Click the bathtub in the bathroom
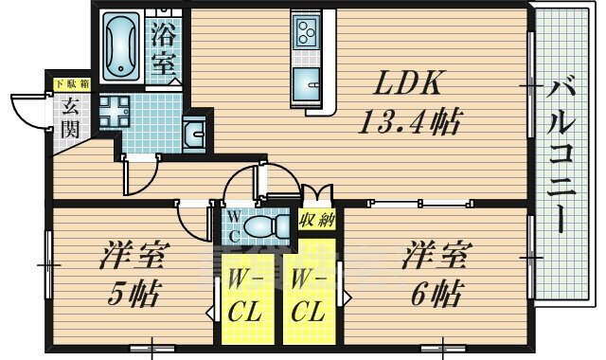[x=121, y=46]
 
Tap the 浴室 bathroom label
[x=164, y=48]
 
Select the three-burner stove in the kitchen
[x=307, y=31]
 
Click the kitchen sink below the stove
[x=307, y=85]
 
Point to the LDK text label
[x=407, y=82]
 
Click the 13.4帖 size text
[x=410, y=122]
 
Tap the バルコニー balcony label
[x=561, y=157]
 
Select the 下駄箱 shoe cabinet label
[x=72, y=84]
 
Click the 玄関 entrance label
[x=70, y=117]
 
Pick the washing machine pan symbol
[x=115, y=112]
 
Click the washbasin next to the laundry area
[x=193, y=134]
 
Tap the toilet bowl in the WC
[x=267, y=226]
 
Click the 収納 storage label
[x=317, y=221]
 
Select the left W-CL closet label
[x=245, y=296]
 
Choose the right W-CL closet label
[x=307, y=296]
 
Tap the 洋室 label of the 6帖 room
[x=437, y=255]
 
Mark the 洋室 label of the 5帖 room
[x=134, y=255]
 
